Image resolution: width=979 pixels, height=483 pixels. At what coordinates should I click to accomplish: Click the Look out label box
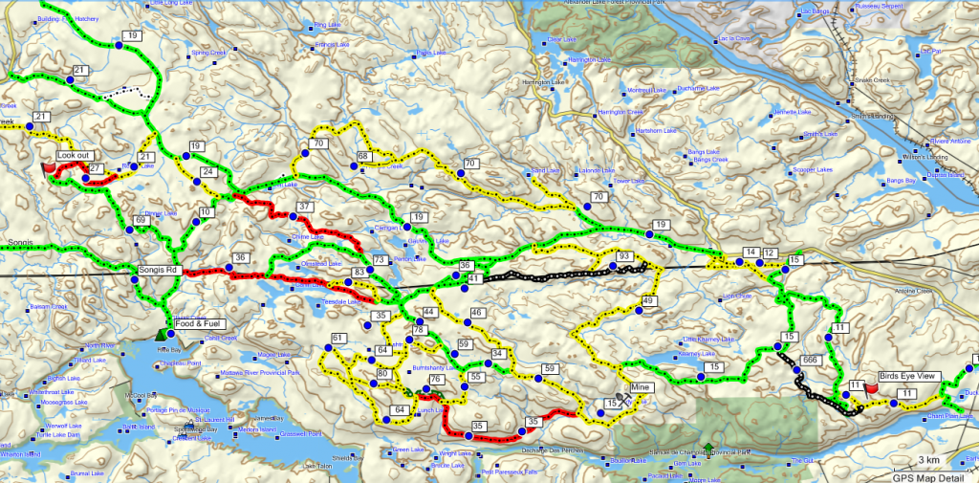tap(73, 154)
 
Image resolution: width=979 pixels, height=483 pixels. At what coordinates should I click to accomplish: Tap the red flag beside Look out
tap(50, 167)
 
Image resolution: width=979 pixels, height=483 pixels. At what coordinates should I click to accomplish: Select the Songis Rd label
tap(159, 271)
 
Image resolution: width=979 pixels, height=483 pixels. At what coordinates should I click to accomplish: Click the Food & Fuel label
tap(199, 323)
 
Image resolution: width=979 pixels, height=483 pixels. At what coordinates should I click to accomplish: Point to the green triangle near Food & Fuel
tap(160, 334)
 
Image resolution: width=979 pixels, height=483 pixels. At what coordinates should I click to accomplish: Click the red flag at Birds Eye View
tap(871, 388)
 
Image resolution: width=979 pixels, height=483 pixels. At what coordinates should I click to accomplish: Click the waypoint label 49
tap(647, 302)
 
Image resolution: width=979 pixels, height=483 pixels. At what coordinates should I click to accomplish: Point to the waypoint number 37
tap(305, 208)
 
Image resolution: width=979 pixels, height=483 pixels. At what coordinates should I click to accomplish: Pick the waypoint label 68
tap(363, 156)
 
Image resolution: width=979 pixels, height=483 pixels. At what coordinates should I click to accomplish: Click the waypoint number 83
tap(359, 274)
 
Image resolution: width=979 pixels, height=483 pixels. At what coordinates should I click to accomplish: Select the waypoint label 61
tap(337, 339)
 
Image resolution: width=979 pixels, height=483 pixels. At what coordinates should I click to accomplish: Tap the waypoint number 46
tap(477, 313)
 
